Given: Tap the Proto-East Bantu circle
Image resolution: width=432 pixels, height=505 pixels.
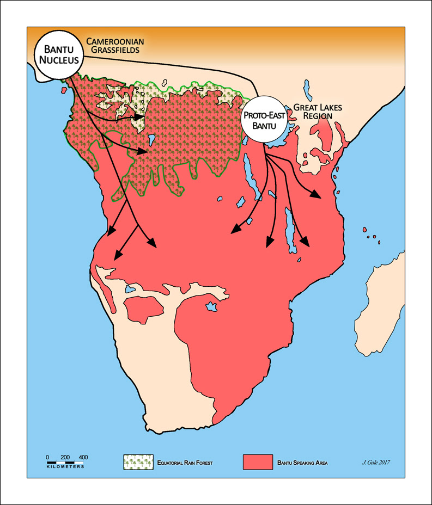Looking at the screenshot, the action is point(265,121).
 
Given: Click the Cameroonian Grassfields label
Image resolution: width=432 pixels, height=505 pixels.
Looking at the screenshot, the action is point(113,45).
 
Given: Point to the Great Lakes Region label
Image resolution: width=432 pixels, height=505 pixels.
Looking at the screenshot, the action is point(318,112).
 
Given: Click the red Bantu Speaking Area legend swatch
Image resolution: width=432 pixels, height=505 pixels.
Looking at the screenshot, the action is point(257,461).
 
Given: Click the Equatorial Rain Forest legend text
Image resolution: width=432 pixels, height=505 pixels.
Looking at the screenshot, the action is point(184,463).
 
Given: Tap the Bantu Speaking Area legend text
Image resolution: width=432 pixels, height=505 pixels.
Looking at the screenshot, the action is point(303,463).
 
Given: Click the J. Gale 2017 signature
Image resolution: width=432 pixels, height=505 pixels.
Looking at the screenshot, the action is point(376,463).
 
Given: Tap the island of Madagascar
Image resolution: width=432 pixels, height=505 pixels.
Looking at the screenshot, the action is point(381,305).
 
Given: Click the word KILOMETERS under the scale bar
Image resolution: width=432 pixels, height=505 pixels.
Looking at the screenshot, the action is point(65,467).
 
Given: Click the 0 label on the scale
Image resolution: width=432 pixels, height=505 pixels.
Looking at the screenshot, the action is point(47,457).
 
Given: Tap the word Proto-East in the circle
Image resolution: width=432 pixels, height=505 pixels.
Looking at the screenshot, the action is point(265,116).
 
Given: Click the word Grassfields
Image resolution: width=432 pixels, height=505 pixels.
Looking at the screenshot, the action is point(116,50).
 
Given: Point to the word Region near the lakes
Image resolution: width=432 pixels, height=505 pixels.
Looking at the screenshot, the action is point(318,116).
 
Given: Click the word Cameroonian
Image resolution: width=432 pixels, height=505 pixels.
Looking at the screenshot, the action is point(112,41).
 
